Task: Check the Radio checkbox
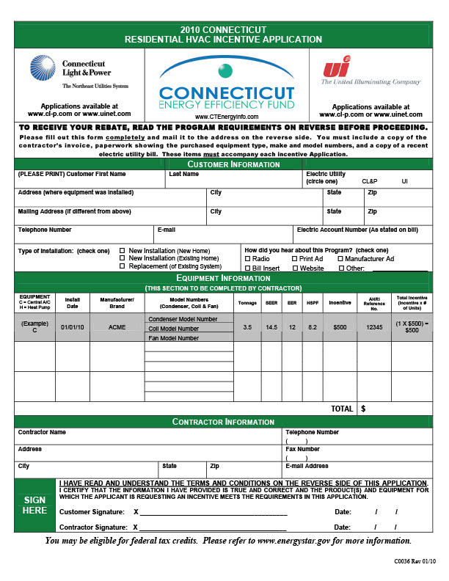pyautogui.click(x=247, y=259)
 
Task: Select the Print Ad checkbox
pyautogui.click(x=294, y=259)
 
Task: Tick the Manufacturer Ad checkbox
pyautogui.click(x=340, y=259)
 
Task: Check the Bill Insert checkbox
pyautogui.click(x=247, y=268)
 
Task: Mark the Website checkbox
pyautogui.click(x=294, y=268)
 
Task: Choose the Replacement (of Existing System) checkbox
pyautogui.click(x=123, y=266)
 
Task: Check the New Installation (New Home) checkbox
pyautogui.click(x=123, y=250)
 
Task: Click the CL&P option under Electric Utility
pyautogui.click(x=370, y=180)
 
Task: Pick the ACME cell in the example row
pyautogui.click(x=117, y=327)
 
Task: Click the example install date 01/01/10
pyautogui.click(x=73, y=327)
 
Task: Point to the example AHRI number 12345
pyautogui.click(x=375, y=327)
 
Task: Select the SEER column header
pyautogui.click(x=271, y=301)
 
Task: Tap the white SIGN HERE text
pyautogui.click(x=34, y=505)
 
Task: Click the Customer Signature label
pyautogui.click(x=91, y=511)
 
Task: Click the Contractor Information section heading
pyautogui.click(x=224, y=422)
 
